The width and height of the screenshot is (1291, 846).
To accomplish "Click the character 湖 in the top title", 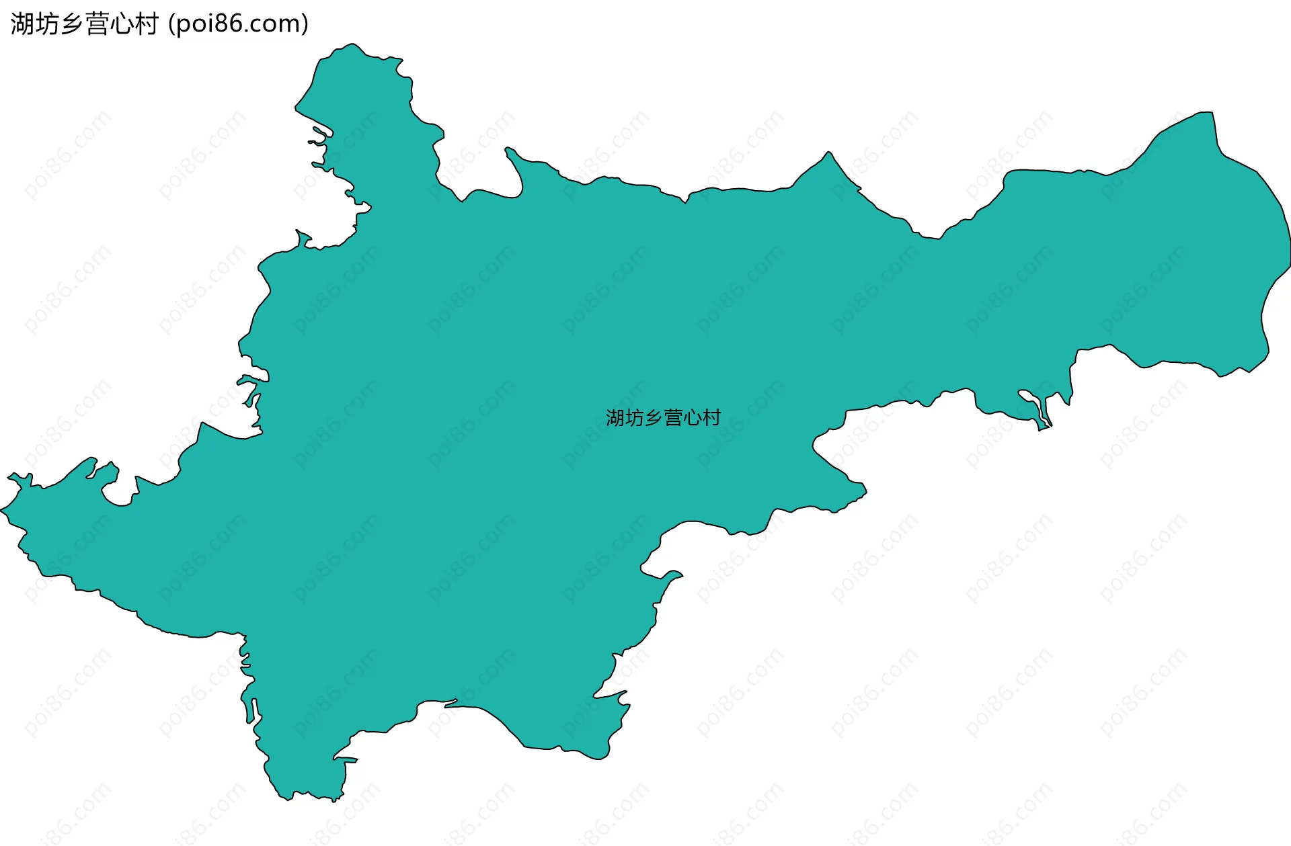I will coord(22,24).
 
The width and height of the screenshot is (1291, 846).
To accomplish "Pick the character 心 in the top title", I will coord(122,24).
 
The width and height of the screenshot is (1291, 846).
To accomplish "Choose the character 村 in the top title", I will coord(147,24).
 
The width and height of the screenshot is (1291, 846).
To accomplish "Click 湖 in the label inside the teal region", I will coord(615,418).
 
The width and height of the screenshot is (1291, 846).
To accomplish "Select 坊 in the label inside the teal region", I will coord(635,418).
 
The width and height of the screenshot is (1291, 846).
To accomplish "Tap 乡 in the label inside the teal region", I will coord(654,418).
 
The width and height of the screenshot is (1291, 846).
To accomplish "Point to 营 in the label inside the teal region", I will coord(673,418).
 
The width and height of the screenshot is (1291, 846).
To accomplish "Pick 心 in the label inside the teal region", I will coord(692,418).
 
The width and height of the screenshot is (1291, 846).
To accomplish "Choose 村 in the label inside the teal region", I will coord(711,418).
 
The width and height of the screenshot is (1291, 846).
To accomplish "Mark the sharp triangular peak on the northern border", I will coord(829,153).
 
